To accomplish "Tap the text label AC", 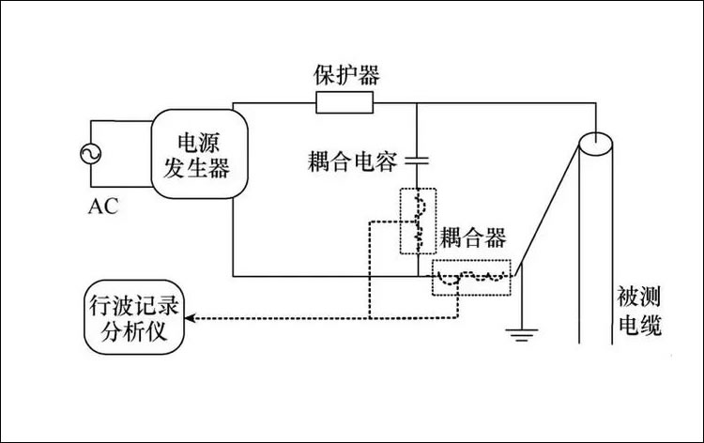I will pyautogui.click(x=104, y=206).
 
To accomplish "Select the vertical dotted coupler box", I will pyautogui.click(x=418, y=221).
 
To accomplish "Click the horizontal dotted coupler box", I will pyautogui.click(x=472, y=277).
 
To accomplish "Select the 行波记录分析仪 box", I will pyautogui.click(x=133, y=314).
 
